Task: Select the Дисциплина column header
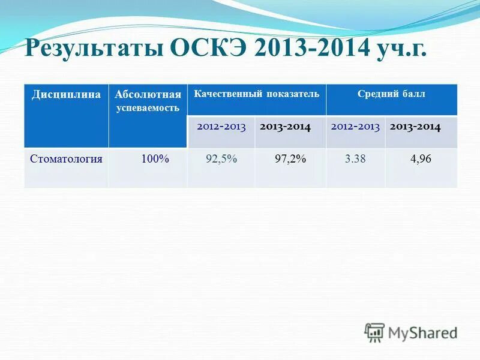point(66,95)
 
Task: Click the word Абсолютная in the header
point(148,95)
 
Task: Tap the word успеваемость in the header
point(148,108)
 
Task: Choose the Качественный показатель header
point(256,94)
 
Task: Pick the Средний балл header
point(391,94)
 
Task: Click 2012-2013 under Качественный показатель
point(221,127)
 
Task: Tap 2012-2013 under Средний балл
point(355,127)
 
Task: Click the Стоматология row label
point(66,159)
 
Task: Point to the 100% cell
point(155,159)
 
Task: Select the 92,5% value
point(221,160)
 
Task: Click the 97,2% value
point(290,160)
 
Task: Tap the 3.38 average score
point(355,160)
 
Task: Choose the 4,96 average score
point(421,160)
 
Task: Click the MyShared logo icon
point(375,332)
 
